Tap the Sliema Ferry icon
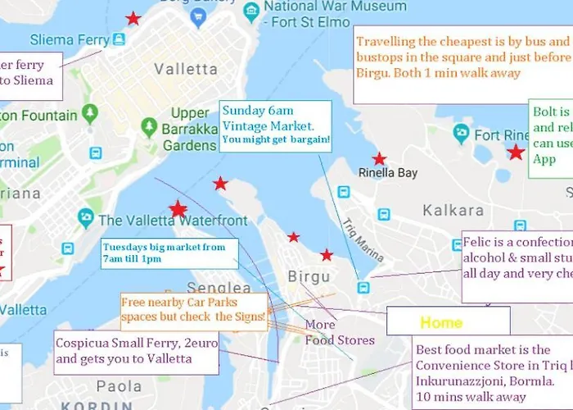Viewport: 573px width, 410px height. pyautogui.click(x=120, y=39)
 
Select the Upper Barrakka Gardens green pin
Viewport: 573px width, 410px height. pyautogui.click(x=149, y=127)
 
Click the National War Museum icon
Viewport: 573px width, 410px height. pyautogui.click(x=251, y=11)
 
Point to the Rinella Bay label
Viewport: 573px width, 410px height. pyautogui.click(x=388, y=173)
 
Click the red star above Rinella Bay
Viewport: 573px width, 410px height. pyautogui.click(x=379, y=159)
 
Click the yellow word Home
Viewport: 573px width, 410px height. pyautogui.click(x=441, y=322)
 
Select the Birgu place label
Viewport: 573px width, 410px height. pyautogui.click(x=309, y=277)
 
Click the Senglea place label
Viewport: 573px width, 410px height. pyautogui.click(x=219, y=289)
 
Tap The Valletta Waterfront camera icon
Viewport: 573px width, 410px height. pyautogui.click(x=86, y=219)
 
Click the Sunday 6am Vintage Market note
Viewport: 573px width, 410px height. pyautogui.click(x=276, y=127)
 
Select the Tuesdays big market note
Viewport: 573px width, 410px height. pyautogui.click(x=169, y=253)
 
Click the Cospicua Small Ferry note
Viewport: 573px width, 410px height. pyautogui.click(x=136, y=350)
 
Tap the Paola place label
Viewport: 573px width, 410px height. pyautogui.click(x=119, y=386)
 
